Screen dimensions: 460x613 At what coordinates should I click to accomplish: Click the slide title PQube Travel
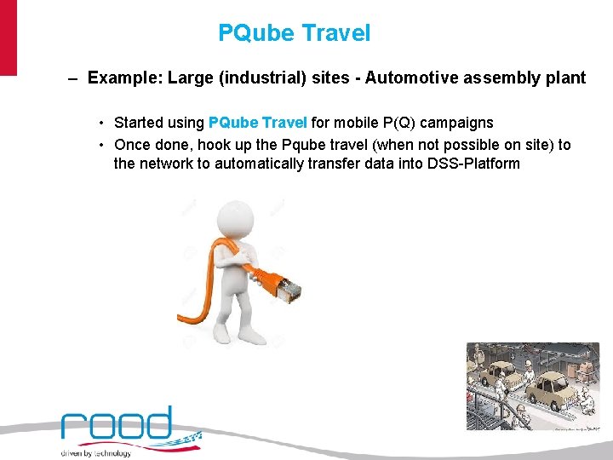(x=295, y=33)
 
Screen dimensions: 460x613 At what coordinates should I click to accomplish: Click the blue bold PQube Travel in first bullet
(x=259, y=123)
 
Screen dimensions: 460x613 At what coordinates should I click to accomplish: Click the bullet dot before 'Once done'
(x=100, y=145)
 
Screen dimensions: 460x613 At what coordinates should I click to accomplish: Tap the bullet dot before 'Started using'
(x=100, y=123)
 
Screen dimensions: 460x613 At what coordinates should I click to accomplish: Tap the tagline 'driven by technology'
(x=96, y=453)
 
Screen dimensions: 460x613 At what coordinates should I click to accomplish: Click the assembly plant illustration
(x=532, y=388)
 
